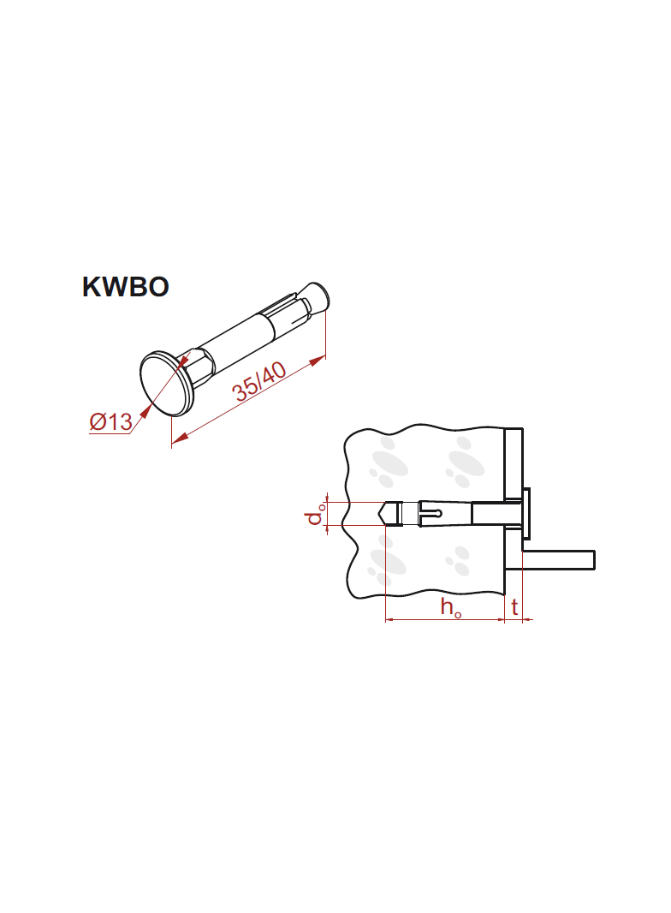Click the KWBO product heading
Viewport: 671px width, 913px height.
[x=125, y=287]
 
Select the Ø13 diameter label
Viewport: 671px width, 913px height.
[x=110, y=421]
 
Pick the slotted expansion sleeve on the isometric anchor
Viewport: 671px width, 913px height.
[x=287, y=314]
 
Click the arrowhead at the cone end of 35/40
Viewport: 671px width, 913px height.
[x=318, y=361]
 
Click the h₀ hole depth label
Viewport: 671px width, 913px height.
[x=451, y=608]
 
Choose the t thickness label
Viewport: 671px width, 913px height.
[x=514, y=607]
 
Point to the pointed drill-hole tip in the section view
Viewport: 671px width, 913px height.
[x=384, y=513]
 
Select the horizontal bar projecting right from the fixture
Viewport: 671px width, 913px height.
[x=560, y=559]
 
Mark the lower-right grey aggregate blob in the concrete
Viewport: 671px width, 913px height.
[x=459, y=561]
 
